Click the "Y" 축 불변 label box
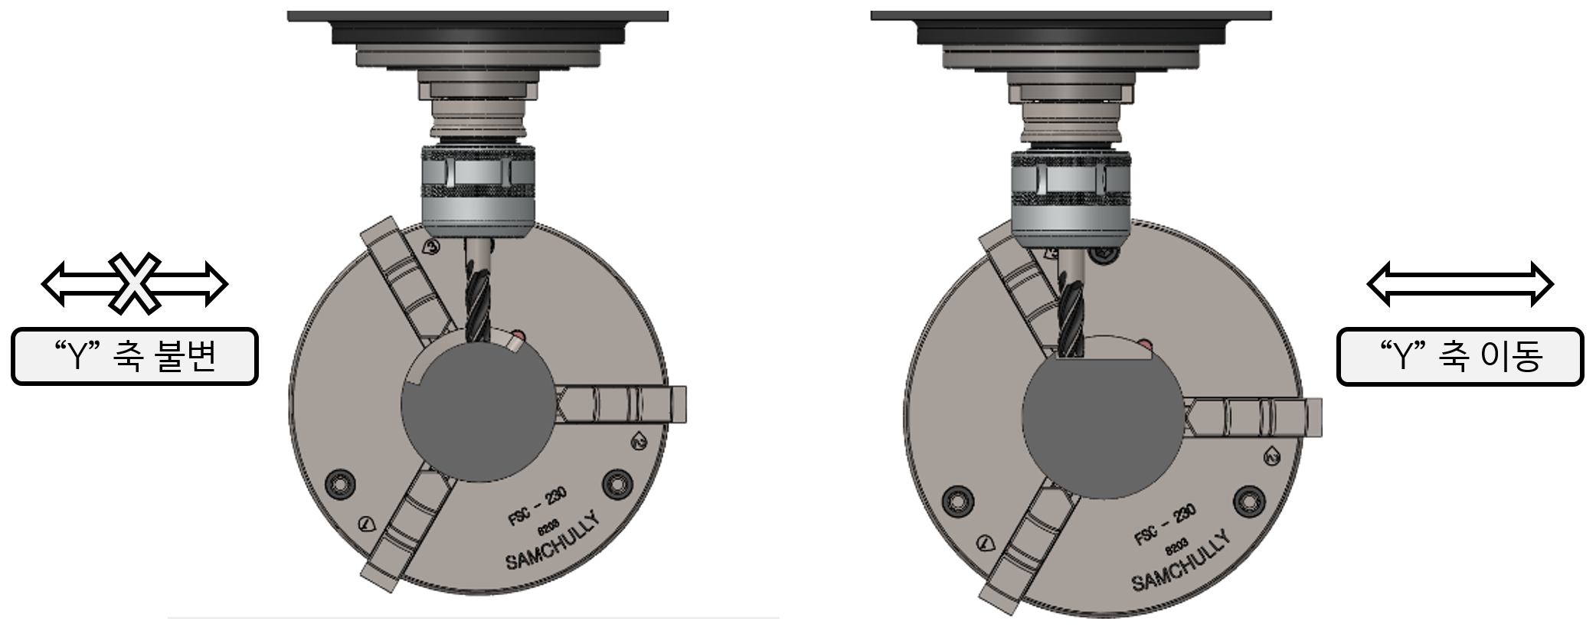coord(135,356)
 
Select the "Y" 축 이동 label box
coord(1460,356)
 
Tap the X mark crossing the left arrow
coord(134,283)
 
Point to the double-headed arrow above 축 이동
coord(1460,284)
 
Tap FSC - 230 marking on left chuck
coord(538,505)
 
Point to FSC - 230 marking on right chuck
coord(1165,525)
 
